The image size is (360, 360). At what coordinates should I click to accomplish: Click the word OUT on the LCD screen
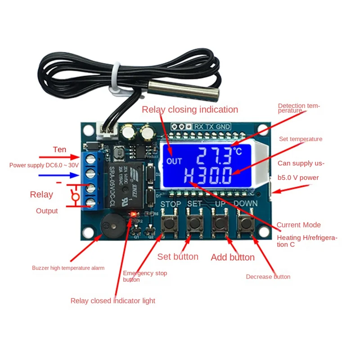point(174,161)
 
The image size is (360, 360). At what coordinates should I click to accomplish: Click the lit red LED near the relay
point(133,215)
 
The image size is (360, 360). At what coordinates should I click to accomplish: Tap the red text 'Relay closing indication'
point(190,109)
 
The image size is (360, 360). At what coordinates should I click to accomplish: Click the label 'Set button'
point(178,257)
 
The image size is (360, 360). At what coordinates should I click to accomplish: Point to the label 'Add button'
point(233,257)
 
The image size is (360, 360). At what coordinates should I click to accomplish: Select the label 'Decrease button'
point(268,277)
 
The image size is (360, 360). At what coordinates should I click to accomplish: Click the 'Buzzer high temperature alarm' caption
point(68,268)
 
